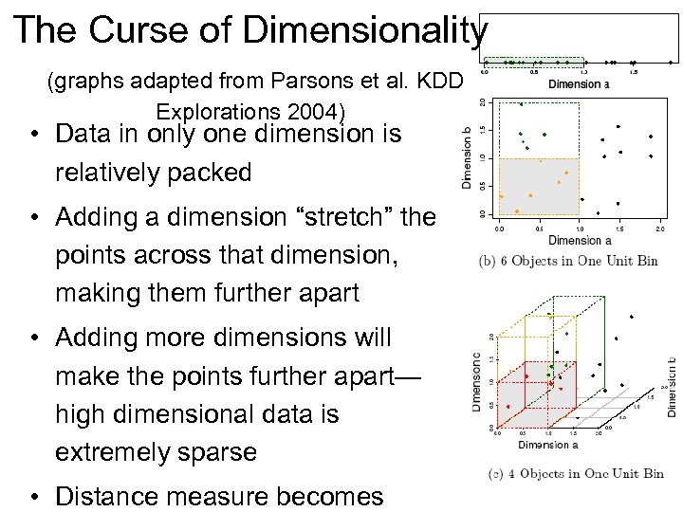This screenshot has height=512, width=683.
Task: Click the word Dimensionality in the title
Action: [365, 31]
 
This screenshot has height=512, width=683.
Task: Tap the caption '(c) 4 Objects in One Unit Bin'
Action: [574, 473]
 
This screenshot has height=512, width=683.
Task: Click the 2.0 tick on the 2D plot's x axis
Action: [660, 229]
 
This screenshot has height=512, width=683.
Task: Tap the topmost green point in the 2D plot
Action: [521, 103]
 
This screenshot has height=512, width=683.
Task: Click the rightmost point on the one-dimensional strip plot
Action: [670, 62]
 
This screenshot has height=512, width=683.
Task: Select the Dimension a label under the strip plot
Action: [580, 84]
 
